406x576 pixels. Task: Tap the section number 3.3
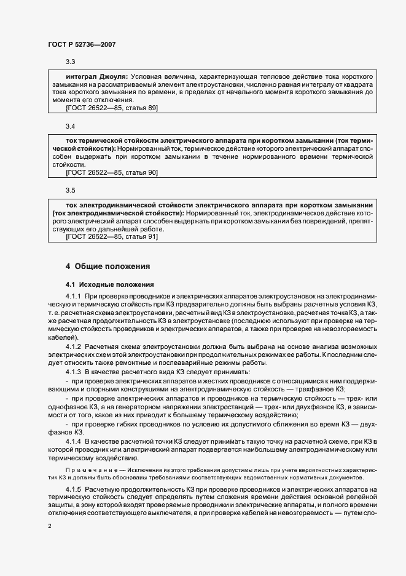click(70, 62)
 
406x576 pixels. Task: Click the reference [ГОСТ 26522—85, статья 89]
click(111, 108)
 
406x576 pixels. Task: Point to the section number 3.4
click(70, 126)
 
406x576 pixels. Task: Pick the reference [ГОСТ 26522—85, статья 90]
click(111, 173)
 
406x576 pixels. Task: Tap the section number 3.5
click(70, 191)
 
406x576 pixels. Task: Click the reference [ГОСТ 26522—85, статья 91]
click(111, 237)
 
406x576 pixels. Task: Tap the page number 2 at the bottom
click(50, 526)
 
